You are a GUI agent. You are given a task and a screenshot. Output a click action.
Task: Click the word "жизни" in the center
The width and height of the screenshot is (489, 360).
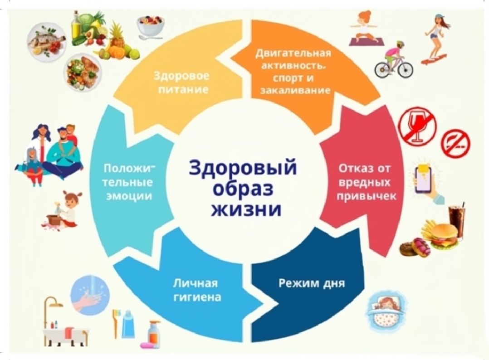(246, 209)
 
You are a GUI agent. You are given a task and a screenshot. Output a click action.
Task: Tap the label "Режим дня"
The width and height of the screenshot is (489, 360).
(312, 283)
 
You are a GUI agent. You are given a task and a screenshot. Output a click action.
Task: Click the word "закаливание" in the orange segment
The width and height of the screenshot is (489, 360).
(295, 90)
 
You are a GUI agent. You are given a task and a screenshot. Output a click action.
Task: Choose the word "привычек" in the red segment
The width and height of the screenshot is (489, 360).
(366, 196)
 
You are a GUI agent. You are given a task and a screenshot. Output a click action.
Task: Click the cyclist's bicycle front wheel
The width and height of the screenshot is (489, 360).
(382, 70)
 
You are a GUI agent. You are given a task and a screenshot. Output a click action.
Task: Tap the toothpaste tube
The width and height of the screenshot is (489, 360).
(128, 324)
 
